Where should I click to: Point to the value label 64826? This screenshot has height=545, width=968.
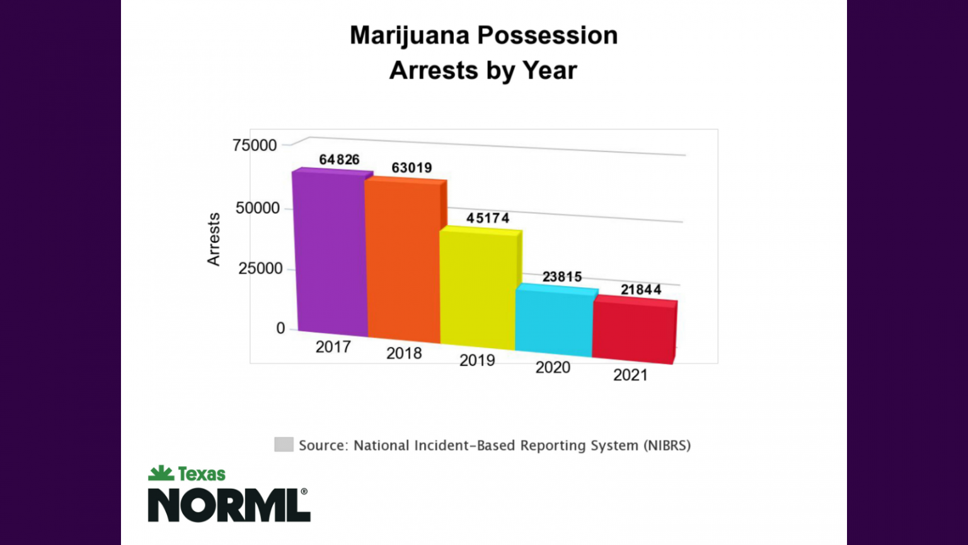(x=339, y=160)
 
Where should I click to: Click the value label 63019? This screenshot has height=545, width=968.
(x=412, y=168)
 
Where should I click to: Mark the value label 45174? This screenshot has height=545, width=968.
(x=487, y=218)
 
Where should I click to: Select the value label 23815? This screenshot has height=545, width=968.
(x=562, y=277)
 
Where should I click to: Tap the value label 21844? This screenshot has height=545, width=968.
(x=641, y=290)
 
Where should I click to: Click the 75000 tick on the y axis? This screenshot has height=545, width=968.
(x=255, y=146)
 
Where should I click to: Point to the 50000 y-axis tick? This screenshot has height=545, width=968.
(x=258, y=208)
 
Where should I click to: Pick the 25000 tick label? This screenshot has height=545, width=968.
(x=260, y=269)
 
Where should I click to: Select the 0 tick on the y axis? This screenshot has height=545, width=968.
(x=280, y=329)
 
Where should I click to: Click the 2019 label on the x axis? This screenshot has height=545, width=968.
(x=477, y=360)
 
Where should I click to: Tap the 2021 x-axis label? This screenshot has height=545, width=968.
(x=630, y=375)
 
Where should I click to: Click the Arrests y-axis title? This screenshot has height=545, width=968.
(x=214, y=239)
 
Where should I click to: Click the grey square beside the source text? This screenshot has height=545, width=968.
(x=284, y=445)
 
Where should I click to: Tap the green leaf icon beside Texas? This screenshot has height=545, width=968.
(x=161, y=473)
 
